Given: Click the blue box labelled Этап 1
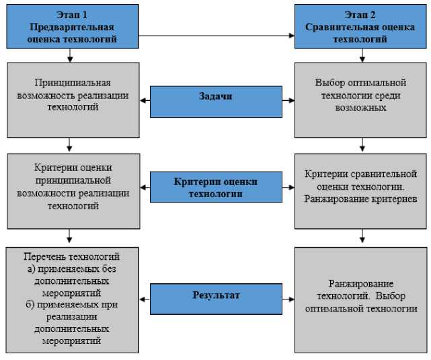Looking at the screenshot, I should [x=70, y=28].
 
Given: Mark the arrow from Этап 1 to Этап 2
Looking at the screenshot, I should [x=215, y=34].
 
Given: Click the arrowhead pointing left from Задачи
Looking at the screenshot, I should [x=144, y=101].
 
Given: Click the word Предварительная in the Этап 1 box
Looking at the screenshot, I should [x=70, y=28].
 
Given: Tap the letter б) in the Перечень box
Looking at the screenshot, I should [x=30, y=305].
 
